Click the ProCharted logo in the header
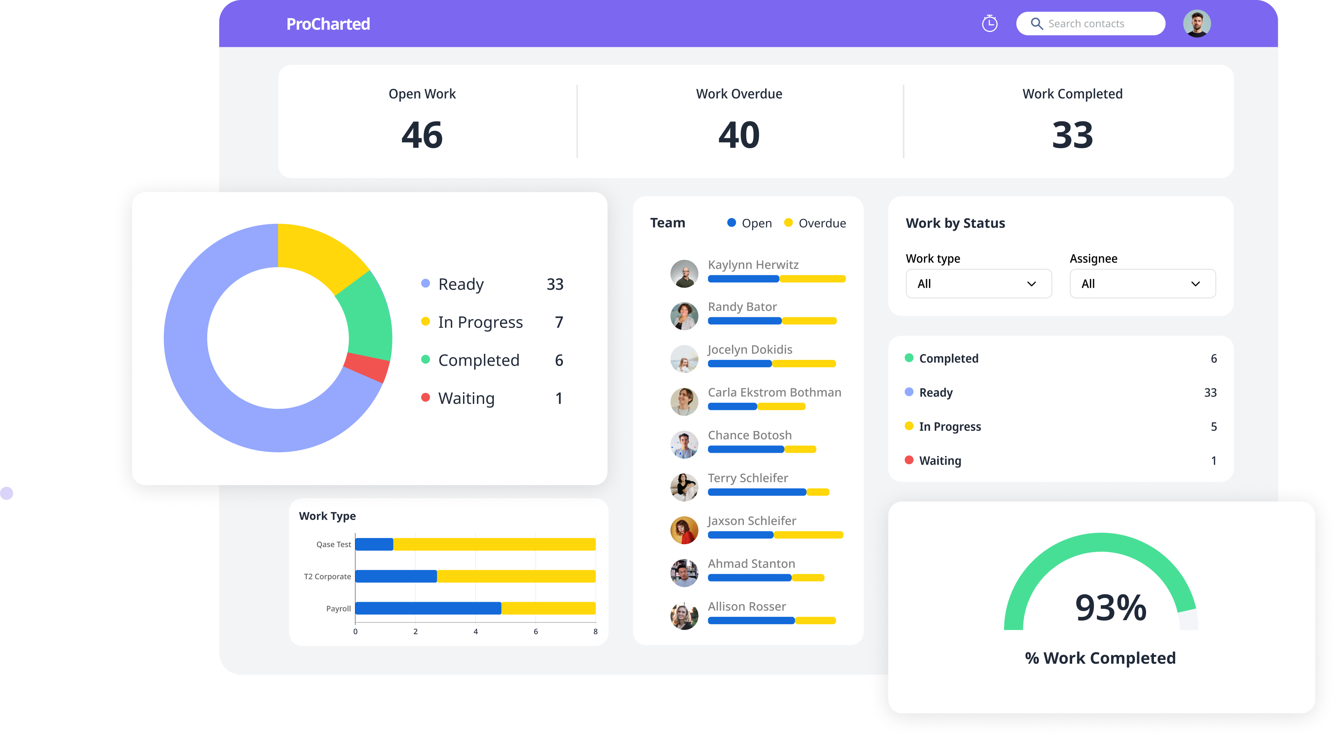click(328, 24)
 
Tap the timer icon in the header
click(989, 23)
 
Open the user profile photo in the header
click(1197, 24)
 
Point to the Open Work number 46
click(422, 135)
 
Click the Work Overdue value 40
click(738, 135)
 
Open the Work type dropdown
click(978, 284)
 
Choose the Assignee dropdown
click(1142, 284)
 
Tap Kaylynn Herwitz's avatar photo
click(684, 274)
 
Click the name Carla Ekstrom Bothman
click(774, 392)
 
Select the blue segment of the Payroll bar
click(428, 608)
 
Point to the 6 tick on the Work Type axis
click(535, 631)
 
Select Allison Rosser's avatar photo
click(684, 616)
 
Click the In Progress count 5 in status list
click(1213, 427)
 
